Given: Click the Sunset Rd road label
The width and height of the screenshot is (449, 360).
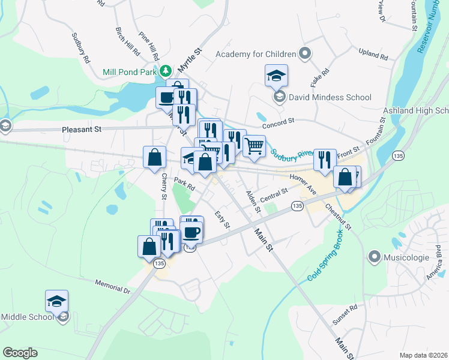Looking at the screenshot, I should click(x=345, y=314).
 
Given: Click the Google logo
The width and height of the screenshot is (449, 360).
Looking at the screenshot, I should click(x=20, y=353).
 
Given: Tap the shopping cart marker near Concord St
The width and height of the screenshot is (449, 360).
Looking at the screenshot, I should click(x=254, y=145).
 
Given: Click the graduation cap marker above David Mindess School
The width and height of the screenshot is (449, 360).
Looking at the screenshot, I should click(x=276, y=75).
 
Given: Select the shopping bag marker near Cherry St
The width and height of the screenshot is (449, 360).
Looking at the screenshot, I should click(x=154, y=157).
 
